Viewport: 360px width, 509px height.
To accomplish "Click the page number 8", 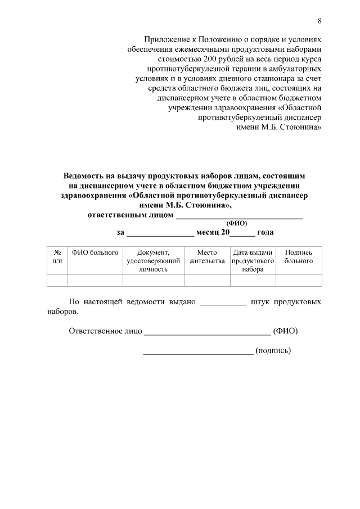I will point(319,21).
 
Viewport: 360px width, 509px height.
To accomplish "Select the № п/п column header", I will point(57,257).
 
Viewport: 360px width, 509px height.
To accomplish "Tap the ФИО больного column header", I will point(95,253).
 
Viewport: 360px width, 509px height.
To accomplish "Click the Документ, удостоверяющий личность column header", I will point(153,261).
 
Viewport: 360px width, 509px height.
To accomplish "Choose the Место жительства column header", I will point(207,257).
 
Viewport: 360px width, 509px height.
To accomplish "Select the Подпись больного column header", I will point(298,257).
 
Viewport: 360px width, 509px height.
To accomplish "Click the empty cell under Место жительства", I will point(207,280).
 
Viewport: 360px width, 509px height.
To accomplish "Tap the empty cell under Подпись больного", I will point(298,280).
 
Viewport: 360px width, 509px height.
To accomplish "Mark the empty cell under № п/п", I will point(57,280).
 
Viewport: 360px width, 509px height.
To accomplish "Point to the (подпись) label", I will point(273,350).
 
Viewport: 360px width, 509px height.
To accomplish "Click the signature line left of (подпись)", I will point(198,353).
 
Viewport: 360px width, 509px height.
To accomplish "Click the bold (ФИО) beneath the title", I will point(236,223).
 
